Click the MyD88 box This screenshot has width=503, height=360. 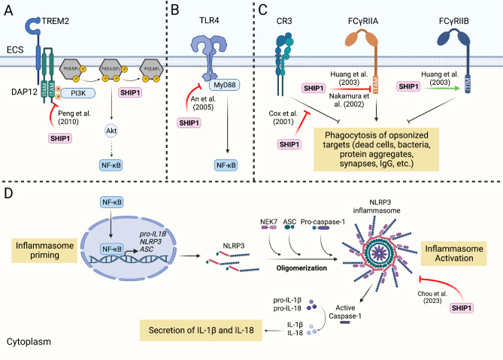(220, 87)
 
